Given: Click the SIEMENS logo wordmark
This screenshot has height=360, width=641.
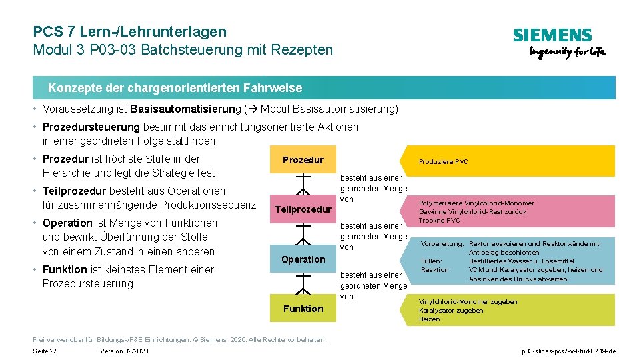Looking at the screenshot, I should coord(552,35).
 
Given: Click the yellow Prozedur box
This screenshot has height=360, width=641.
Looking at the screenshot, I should coord(303,160).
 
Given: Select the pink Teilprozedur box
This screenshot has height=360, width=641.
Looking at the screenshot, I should coord(303,209).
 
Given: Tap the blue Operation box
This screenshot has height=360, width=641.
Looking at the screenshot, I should coord(303,259).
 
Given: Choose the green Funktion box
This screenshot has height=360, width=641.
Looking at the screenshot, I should coord(303,308).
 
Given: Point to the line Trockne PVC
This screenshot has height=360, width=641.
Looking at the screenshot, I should coord(439,221).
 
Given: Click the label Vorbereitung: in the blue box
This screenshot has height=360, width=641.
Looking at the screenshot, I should coord(442,244).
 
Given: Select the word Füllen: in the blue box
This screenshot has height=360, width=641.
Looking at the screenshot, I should coord(432,261).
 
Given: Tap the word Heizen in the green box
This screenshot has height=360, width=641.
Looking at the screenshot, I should coord(429,319).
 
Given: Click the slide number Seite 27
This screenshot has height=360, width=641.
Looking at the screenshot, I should coord(45,351).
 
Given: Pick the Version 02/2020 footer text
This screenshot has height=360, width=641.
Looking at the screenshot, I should coord(124,351).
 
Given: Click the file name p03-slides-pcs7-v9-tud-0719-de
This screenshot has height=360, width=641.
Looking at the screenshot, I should coord(568,351).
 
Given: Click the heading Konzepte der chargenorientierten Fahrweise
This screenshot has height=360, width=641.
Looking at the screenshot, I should coord(175,88).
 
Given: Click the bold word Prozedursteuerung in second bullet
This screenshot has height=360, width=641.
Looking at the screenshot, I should coord(91,127).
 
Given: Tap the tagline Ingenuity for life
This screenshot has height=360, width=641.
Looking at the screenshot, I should coord(567,53).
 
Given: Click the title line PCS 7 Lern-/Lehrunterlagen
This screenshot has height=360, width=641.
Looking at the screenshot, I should coord(129,31).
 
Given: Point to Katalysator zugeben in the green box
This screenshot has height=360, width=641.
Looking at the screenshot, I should coord(451,311).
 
